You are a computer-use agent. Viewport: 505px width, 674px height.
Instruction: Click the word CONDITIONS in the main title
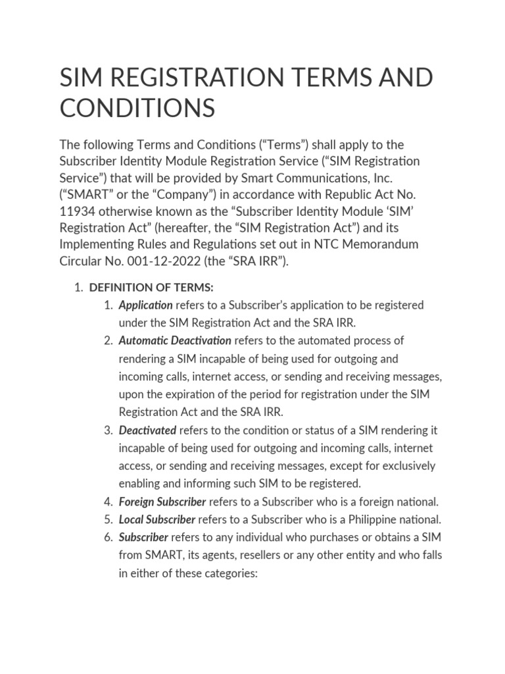(137, 107)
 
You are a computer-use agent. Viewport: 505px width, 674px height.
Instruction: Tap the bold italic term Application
(145, 305)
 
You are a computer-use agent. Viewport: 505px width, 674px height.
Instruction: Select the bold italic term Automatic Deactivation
(175, 340)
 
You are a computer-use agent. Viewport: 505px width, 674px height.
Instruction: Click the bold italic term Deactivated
(147, 430)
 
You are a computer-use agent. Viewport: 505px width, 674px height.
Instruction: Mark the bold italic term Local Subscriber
(157, 519)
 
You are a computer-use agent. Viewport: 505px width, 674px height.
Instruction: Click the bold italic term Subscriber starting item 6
(143, 537)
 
